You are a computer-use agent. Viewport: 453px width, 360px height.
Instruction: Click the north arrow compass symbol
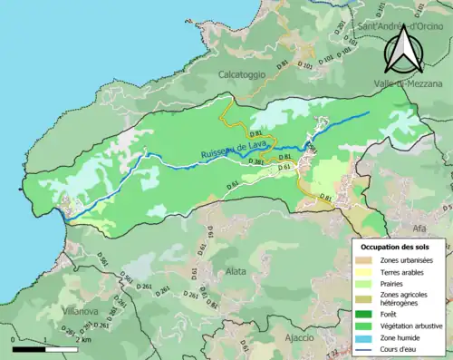point(402,49)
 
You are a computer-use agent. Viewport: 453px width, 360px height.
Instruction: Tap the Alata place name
point(236,270)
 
